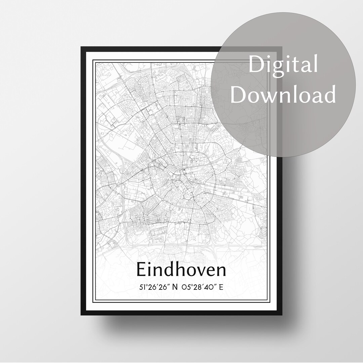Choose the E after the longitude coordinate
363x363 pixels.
[x=221, y=287]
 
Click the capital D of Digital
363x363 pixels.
[x=256, y=65]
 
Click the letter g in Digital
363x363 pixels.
[x=281, y=67]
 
